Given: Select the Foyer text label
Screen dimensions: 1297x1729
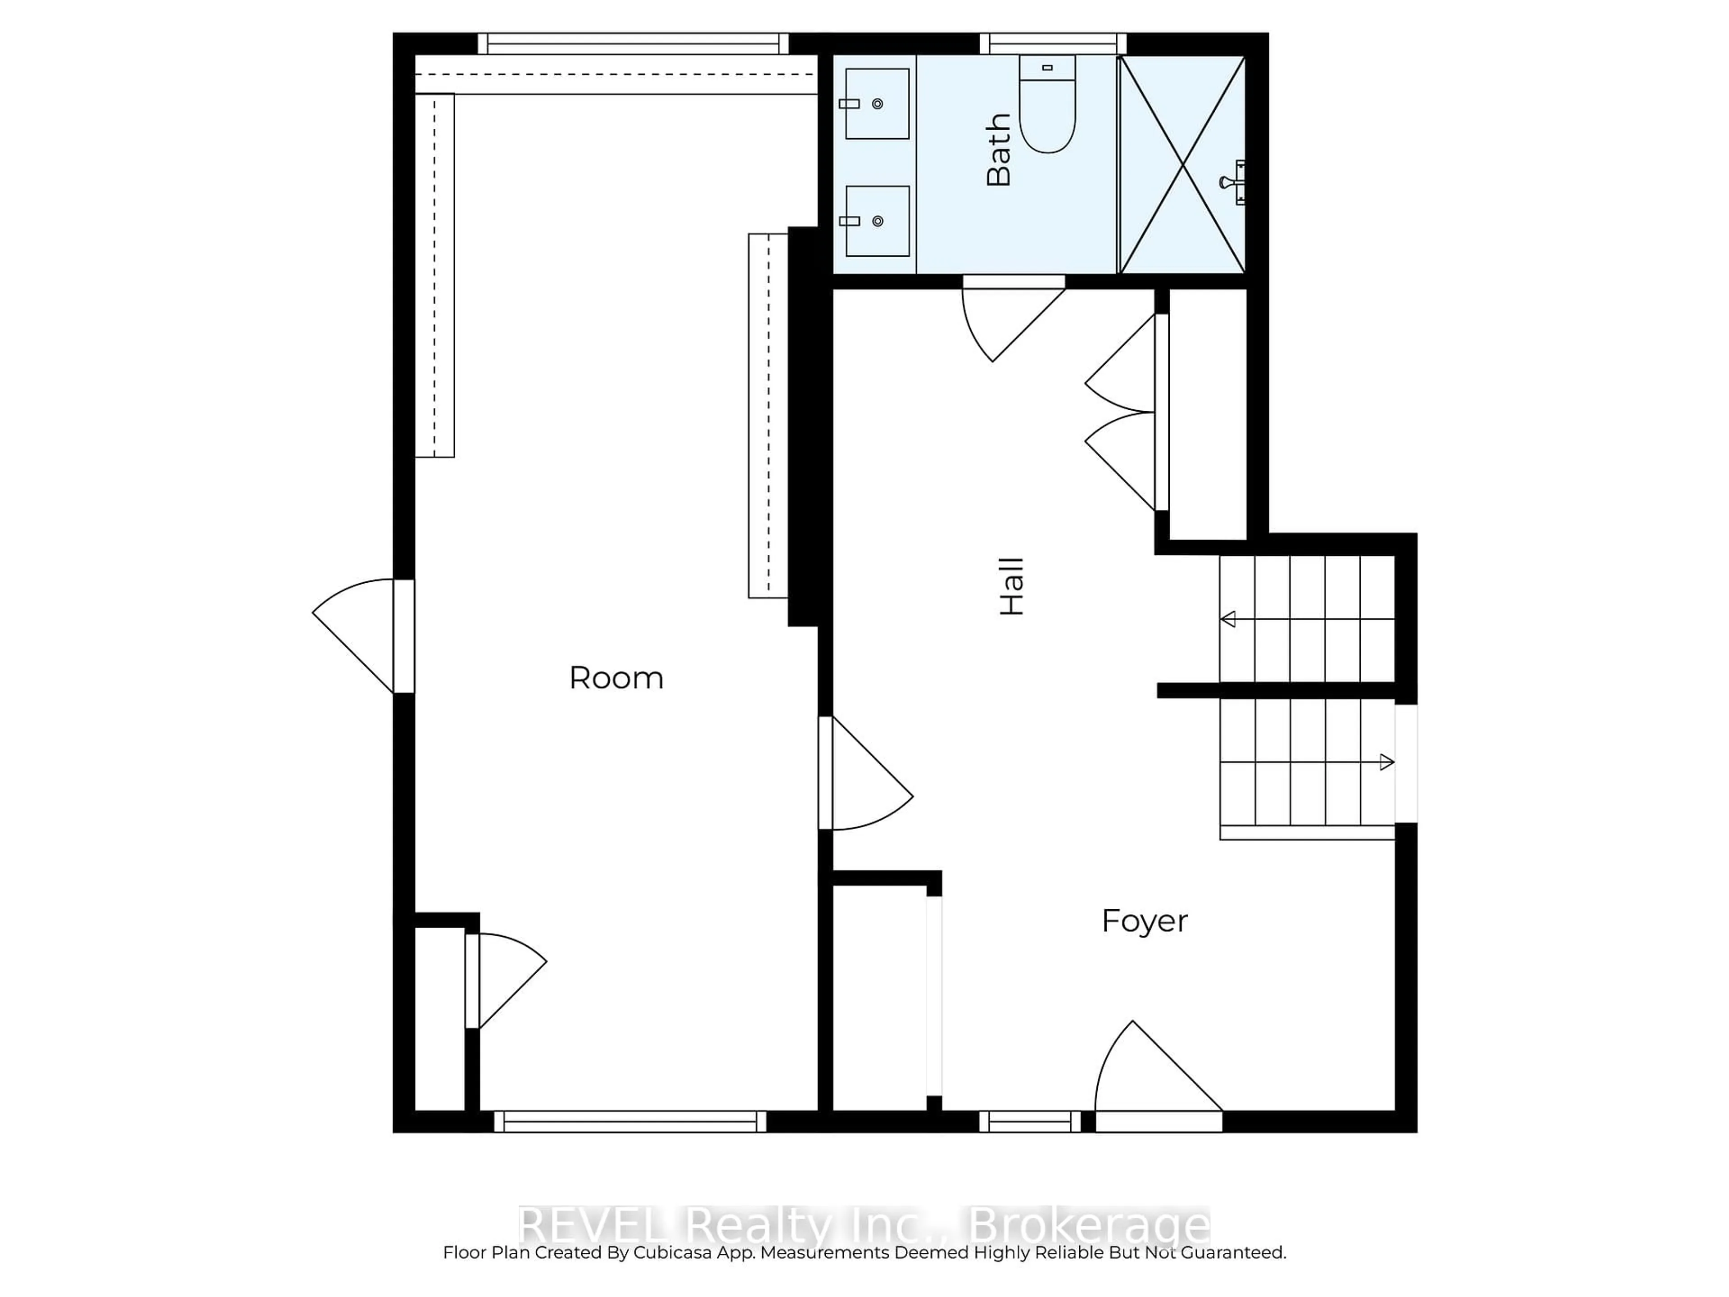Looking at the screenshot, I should point(1144,921).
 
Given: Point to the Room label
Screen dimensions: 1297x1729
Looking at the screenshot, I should point(616,678).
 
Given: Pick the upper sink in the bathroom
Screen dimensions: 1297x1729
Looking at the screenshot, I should point(877,104).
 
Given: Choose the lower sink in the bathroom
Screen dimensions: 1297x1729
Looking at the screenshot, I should point(877,221).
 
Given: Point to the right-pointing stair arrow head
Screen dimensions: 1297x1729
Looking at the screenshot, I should point(1387,762).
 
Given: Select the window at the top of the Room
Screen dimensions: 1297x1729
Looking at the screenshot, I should point(633,44).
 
